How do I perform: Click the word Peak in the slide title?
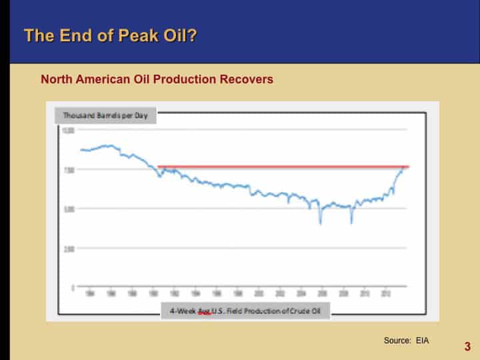(x=132, y=35)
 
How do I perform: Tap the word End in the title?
(x=67, y=35)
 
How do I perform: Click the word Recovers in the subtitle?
(x=247, y=79)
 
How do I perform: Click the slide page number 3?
(x=467, y=346)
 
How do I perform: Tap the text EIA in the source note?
(x=421, y=341)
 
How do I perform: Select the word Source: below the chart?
(x=398, y=341)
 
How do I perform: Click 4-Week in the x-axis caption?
(x=181, y=311)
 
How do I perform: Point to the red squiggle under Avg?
(x=205, y=314)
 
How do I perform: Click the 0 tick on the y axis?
(x=71, y=288)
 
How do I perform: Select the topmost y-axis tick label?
(x=69, y=130)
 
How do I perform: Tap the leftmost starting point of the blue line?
(x=81, y=150)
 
